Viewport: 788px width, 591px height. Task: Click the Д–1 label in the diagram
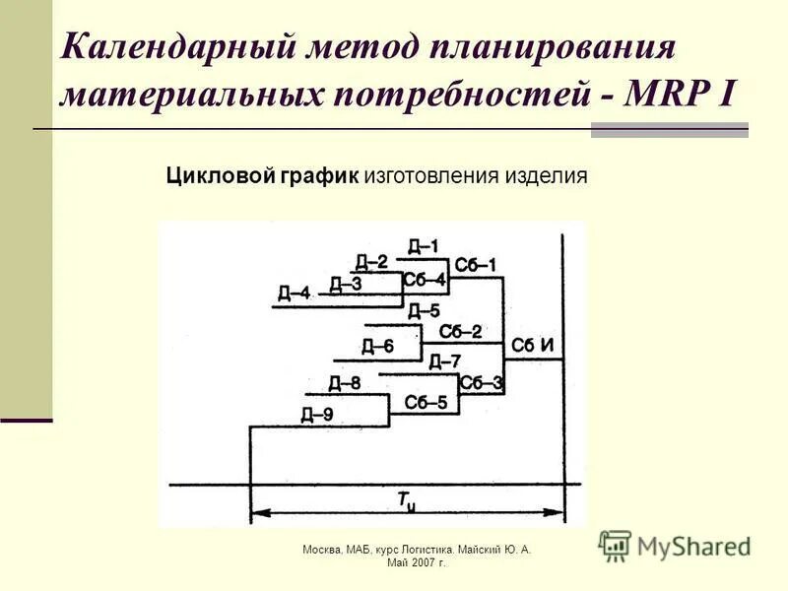click(x=424, y=246)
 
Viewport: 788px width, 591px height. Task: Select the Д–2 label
click(x=372, y=262)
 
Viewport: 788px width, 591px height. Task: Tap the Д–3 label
click(x=346, y=285)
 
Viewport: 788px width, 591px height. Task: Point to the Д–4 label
click(x=294, y=293)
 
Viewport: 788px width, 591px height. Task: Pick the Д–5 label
click(x=424, y=312)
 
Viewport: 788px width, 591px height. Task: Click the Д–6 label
click(x=377, y=346)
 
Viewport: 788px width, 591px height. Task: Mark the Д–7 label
click(x=444, y=361)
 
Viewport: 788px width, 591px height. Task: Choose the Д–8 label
click(x=345, y=383)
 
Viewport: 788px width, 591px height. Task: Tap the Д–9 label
click(x=317, y=415)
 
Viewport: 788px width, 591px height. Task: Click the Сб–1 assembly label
click(x=476, y=266)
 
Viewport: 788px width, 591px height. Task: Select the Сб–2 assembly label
click(x=460, y=332)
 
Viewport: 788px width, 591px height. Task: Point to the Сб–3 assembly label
click(x=482, y=383)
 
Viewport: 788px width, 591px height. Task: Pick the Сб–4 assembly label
click(x=425, y=280)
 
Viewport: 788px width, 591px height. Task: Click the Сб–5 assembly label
click(x=426, y=402)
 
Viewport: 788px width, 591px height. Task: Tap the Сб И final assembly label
click(x=533, y=346)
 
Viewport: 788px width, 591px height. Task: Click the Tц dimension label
click(x=407, y=501)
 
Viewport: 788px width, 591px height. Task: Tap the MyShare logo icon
click(x=615, y=546)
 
